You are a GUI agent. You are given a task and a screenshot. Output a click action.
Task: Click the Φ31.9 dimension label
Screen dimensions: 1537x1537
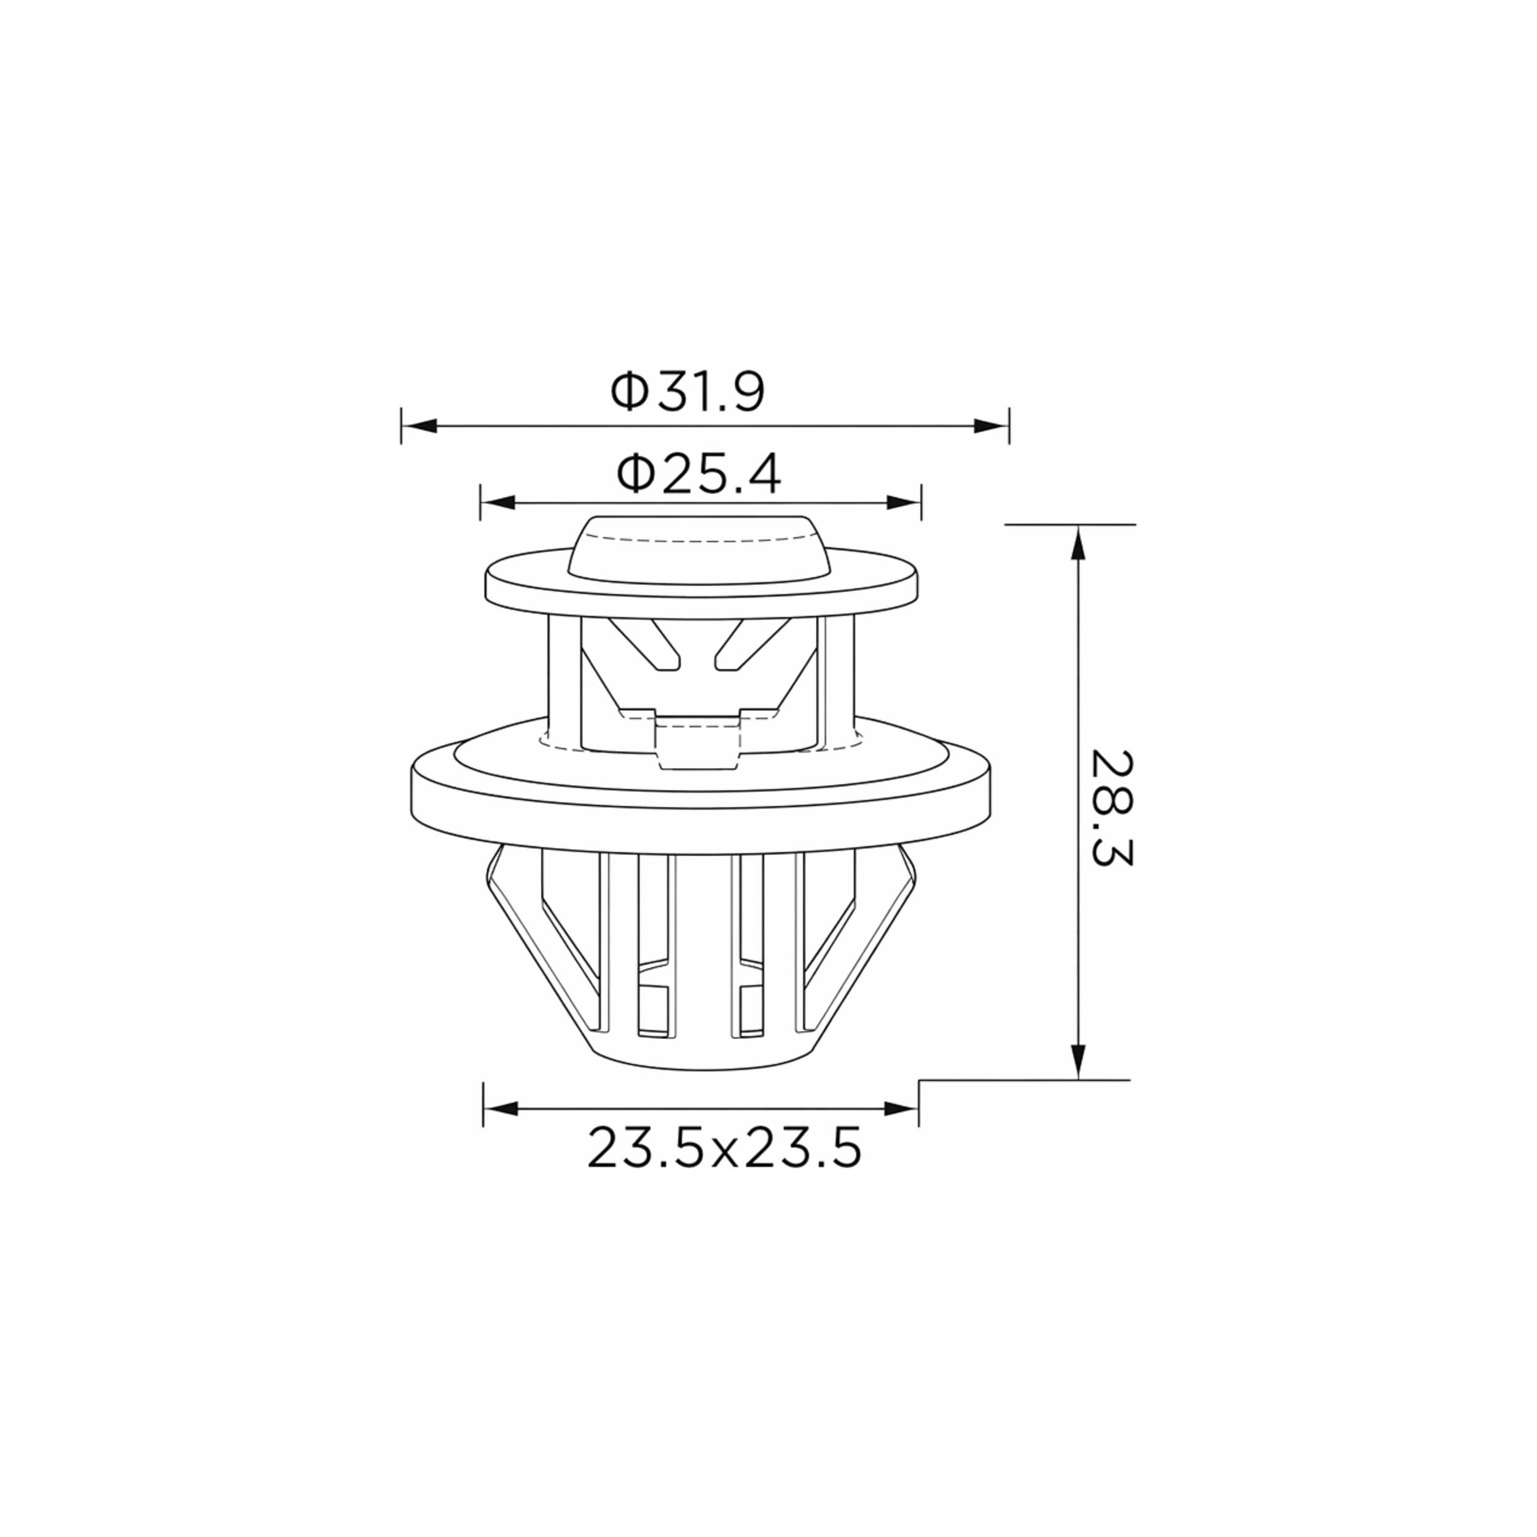tap(687, 392)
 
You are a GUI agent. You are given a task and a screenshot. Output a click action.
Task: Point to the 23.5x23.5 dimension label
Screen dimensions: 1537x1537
tap(725, 1148)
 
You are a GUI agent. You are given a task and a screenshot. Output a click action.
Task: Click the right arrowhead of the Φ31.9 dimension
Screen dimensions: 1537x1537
tap(991, 427)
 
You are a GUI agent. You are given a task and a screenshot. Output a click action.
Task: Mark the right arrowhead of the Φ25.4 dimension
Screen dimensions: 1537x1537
tap(903, 503)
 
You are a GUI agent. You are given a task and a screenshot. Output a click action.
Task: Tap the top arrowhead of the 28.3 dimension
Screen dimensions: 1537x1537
tap(1078, 544)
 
